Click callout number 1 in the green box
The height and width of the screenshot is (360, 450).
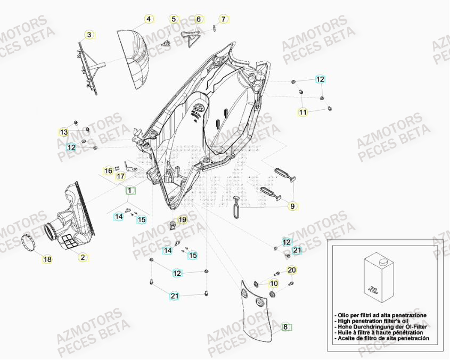tap(130, 190)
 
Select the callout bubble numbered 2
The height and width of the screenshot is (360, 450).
tap(83, 257)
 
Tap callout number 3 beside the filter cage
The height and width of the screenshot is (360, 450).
tap(89, 35)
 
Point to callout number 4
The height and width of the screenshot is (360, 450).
tap(149, 19)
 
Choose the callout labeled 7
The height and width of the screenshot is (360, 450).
tap(224, 19)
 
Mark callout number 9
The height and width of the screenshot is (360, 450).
tap(292, 206)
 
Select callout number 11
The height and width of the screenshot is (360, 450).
tap(302, 112)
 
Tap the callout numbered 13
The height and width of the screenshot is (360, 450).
tap(64, 132)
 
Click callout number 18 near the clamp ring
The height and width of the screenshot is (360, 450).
tap(47, 259)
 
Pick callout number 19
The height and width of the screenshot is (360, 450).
tap(182, 219)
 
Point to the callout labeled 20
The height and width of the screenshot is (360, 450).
tap(291, 270)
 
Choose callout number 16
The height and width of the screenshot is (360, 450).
tap(108, 170)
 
